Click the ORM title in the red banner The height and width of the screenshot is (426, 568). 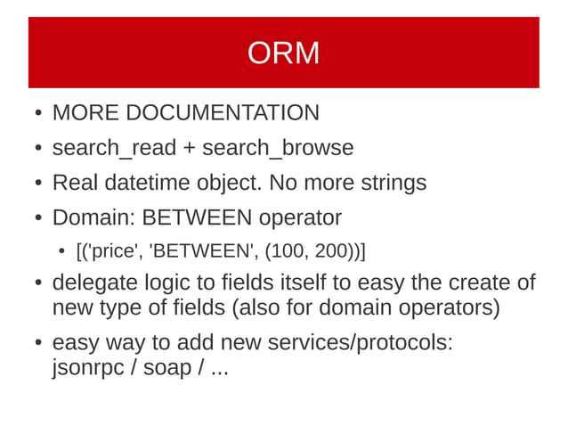click(x=283, y=53)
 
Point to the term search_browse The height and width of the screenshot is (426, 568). click(x=278, y=148)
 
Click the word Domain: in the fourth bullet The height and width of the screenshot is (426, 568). click(x=93, y=217)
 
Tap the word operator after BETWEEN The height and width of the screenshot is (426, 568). click(x=300, y=217)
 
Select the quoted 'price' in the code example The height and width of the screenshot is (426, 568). click(x=113, y=250)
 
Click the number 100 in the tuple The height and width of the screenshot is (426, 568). click(x=288, y=250)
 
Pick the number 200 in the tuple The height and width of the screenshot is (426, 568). click(x=330, y=250)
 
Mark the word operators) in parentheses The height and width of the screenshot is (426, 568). click(x=450, y=308)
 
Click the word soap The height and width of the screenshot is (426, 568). click(x=168, y=367)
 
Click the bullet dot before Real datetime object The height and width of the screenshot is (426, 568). click(x=37, y=184)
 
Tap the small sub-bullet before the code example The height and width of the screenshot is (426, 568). click(x=61, y=250)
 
